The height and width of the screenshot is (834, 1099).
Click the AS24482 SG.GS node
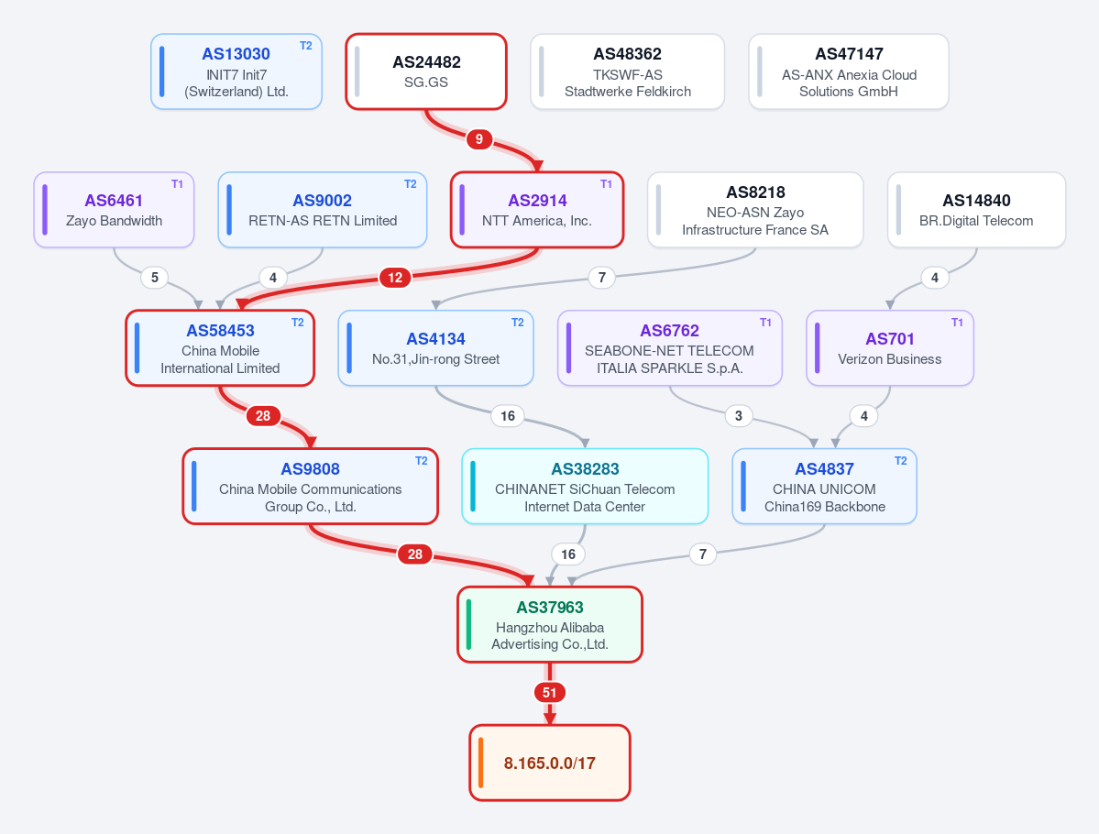click(426, 71)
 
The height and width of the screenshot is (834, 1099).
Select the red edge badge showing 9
click(478, 138)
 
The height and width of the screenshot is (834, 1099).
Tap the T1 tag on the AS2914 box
click(606, 184)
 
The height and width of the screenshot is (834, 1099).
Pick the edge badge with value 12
click(395, 278)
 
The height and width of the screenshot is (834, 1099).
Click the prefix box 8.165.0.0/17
click(550, 763)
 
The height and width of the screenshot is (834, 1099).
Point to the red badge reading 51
click(550, 693)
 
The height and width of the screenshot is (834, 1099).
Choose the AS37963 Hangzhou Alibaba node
click(550, 624)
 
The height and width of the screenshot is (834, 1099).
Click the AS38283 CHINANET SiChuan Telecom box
click(585, 487)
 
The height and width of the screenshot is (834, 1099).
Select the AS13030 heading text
click(236, 54)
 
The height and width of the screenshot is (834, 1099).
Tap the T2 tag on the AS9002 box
click(410, 184)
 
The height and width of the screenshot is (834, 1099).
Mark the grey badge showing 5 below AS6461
click(155, 278)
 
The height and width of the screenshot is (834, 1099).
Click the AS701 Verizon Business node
click(890, 347)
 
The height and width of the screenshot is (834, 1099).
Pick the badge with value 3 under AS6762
click(738, 415)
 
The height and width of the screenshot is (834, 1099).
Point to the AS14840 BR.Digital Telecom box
click(976, 210)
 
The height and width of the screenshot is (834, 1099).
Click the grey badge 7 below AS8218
click(601, 278)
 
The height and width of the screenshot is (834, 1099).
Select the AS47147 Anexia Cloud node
click(849, 71)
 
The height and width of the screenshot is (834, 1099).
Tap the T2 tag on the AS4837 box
click(901, 461)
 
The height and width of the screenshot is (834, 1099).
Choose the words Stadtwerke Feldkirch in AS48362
click(628, 92)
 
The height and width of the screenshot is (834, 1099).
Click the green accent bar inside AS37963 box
click(469, 624)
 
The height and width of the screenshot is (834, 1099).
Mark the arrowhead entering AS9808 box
click(311, 443)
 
